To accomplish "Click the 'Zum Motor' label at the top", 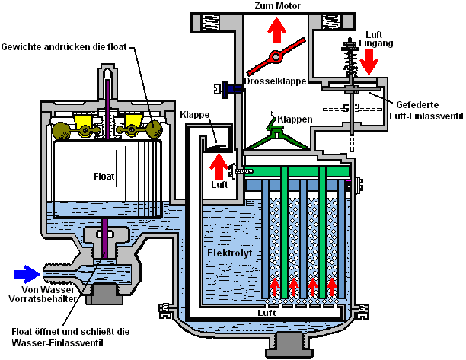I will [276, 6].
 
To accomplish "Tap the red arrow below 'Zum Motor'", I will [276, 30].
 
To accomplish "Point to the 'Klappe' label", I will [195, 115].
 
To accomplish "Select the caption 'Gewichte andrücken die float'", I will [65, 48].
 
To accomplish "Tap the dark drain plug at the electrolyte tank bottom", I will [289, 345].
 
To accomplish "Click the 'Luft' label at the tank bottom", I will [267, 313].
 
